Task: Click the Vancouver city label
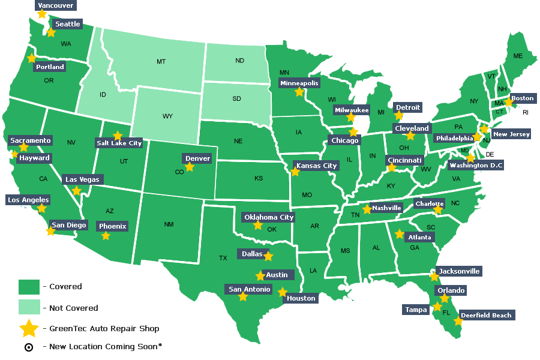point(55,6)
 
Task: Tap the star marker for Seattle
point(51,32)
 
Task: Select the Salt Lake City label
point(119,143)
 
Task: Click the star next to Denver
point(190,167)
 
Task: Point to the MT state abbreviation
point(161,62)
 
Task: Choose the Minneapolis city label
point(299,83)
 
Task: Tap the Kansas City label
point(316,166)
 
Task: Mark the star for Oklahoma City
point(258,225)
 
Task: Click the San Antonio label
point(250,290)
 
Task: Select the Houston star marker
point(283,292)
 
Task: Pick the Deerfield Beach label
point(487,316)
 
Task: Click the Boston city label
point(522,98)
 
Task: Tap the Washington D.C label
point(476,166)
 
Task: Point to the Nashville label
point(386,208)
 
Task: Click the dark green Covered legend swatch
point(28,287)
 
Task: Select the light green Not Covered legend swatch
point(28,308)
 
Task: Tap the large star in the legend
point(29,328)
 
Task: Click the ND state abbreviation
point(239,61)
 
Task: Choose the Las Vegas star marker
point(76,191)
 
